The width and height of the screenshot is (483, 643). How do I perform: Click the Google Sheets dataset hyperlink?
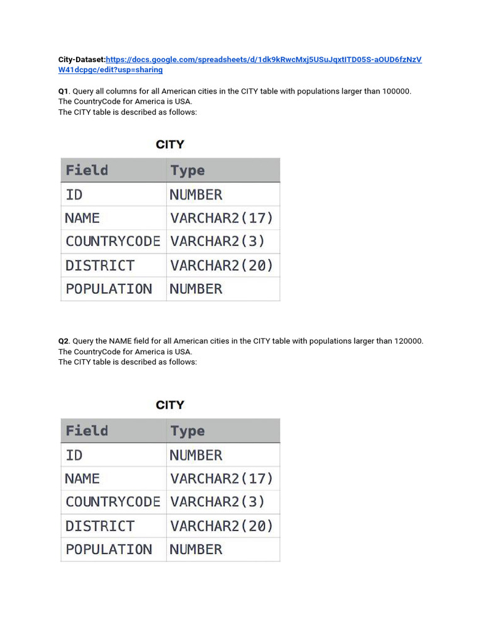point(264,60)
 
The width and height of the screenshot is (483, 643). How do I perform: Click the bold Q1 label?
point(63,91)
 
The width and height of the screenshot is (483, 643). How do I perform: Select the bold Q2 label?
point(63,341)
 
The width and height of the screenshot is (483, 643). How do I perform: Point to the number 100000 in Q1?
point(396,91)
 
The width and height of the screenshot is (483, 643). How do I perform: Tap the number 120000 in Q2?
point(409,341)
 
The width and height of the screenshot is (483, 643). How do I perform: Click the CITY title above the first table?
point(170,144)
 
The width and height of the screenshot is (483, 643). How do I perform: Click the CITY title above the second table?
point(170,405)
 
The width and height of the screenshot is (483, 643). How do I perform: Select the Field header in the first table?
point(87,170)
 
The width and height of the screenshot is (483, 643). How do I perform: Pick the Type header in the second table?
point(187,431)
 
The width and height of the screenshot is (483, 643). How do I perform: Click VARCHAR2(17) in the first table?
point(221,218)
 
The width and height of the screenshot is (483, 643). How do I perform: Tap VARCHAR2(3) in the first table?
point(217,241)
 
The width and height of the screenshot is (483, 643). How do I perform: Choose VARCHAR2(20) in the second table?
point(221,526)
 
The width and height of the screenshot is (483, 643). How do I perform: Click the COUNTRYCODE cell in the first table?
point(113,241)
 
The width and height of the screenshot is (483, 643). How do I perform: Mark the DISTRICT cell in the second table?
point(100,526)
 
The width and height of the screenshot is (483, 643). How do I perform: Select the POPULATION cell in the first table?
point(109,289)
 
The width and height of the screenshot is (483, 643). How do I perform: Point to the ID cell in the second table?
point(74,455)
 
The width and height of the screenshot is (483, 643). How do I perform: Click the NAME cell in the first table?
point(82,218)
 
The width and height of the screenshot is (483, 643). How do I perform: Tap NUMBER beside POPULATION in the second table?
point(196,549)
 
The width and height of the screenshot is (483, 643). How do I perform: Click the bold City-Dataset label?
point(82,60)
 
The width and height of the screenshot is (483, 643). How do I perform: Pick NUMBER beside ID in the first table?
point(196,195)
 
